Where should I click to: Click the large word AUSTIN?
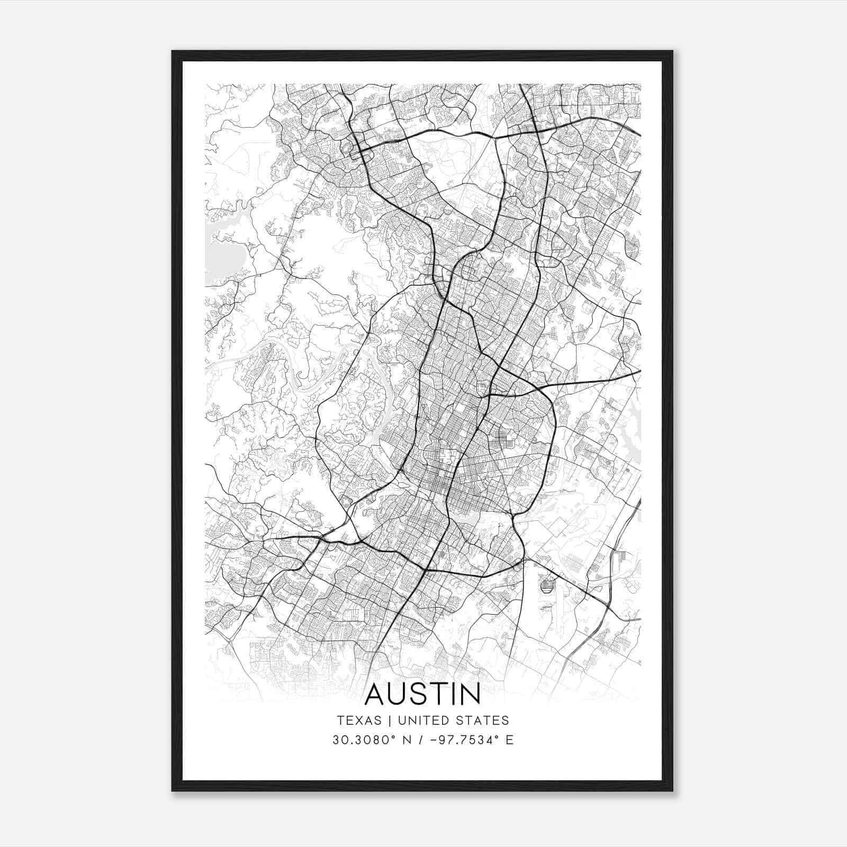click(x=423, y=694)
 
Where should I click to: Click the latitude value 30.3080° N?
click(x=371, y=740)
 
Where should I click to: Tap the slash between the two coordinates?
click(x=420, y=740)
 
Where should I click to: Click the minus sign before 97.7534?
click(x=434, y=740)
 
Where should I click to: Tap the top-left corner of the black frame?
click(x=173, y=52)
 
